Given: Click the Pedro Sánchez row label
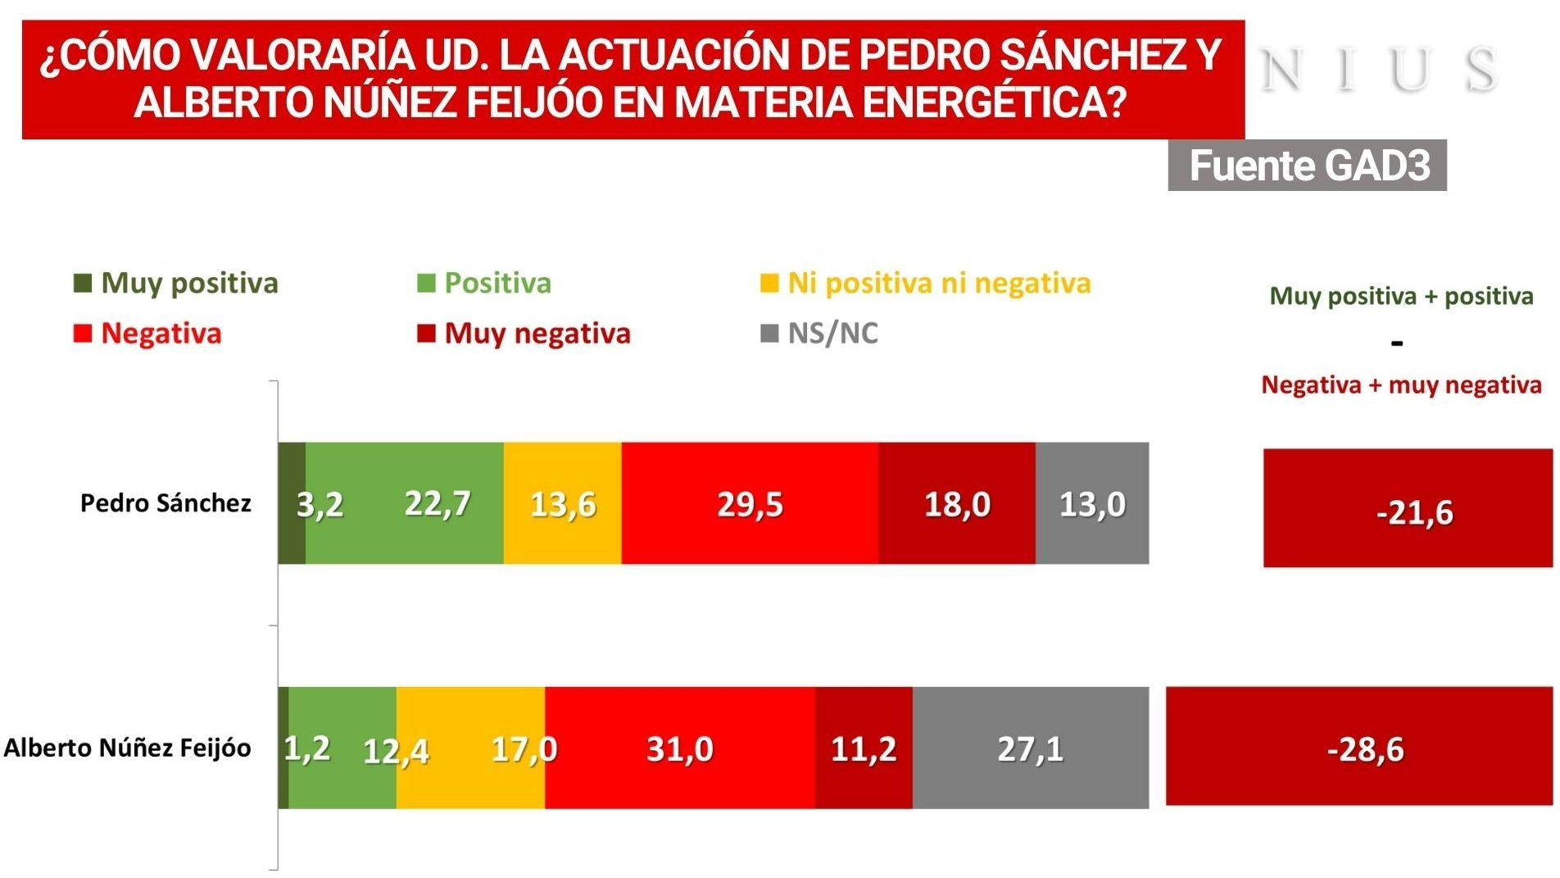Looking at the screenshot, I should (x=166, y=503).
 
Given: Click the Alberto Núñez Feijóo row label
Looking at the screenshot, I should (x=127, y=748).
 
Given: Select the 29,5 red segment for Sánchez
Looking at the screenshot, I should (x=749, y=503).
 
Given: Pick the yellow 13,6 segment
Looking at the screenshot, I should (x=562, y=503).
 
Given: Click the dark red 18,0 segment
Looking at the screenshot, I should (x=956, y=503).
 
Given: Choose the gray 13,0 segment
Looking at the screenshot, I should (x=1091, y=503).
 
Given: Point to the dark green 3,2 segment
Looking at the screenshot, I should (x=292, y=503).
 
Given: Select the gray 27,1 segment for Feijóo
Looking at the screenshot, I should (x=1030, y=748).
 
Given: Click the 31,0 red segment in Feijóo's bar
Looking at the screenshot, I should (x=679, y=748).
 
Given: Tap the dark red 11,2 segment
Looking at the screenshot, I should (x=864, y=748).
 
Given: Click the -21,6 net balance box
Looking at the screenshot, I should (x=1407, y=508).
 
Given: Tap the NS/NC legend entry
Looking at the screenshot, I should (x=819, y=333).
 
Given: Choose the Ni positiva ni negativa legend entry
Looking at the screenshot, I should (x=926, y=283).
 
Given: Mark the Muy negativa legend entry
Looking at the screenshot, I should (x=524, y=333).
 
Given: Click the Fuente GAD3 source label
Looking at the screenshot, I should (x=1307, y=166).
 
